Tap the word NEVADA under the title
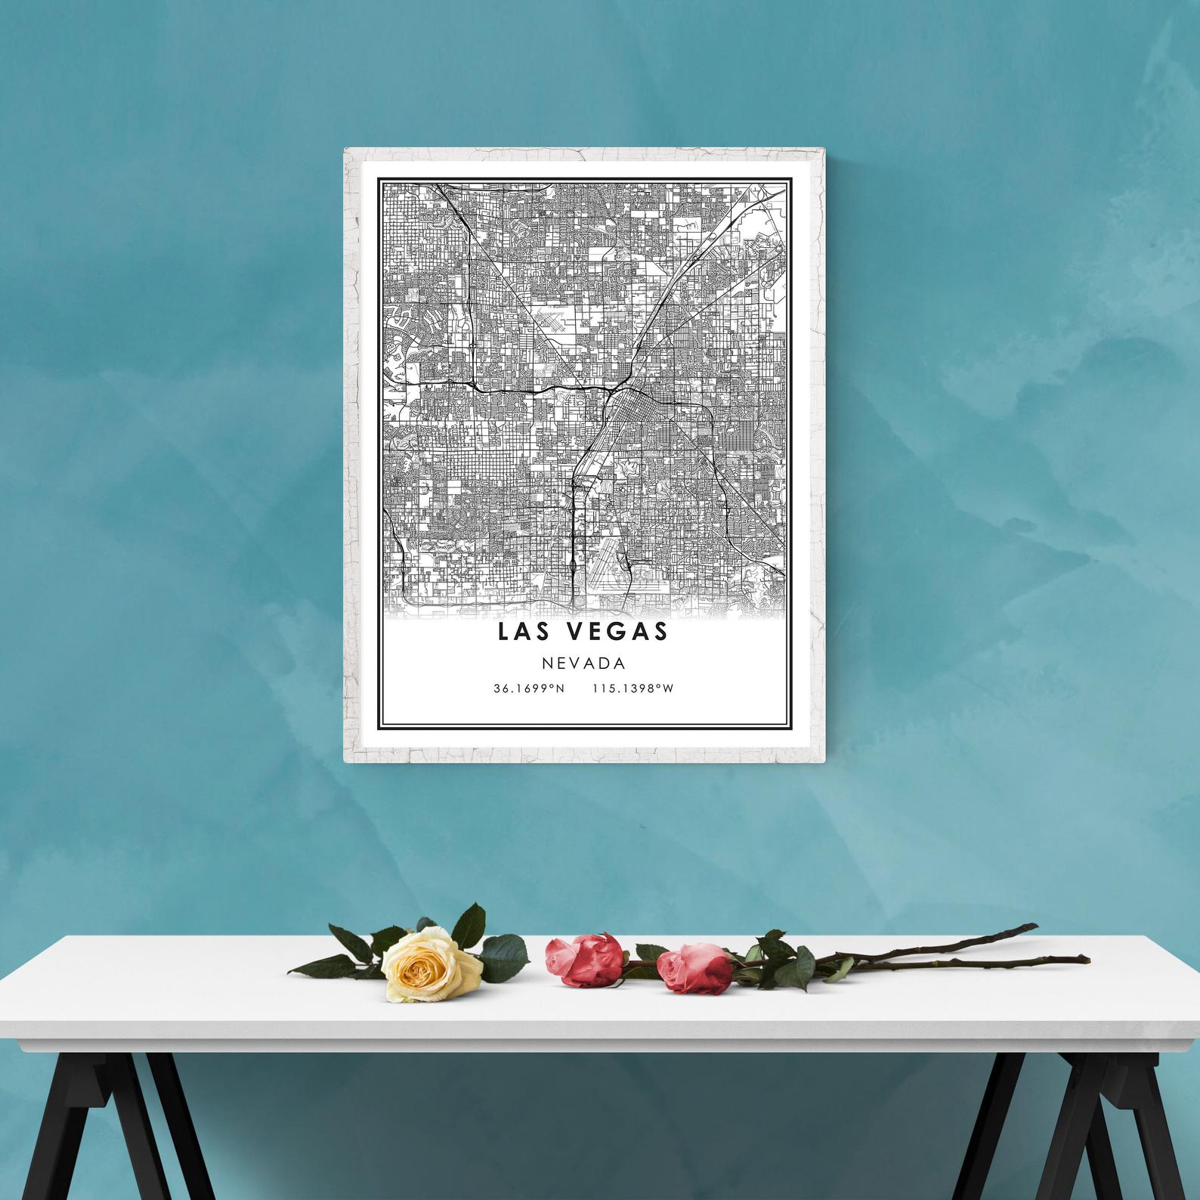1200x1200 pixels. point(583,663)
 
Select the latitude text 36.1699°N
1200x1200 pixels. point(529,688)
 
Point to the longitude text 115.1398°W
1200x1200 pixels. point(632,688)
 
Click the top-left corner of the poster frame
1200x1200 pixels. point(346,150)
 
